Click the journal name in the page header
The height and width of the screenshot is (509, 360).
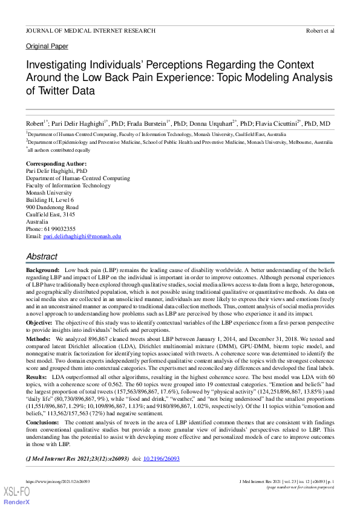[91, 30]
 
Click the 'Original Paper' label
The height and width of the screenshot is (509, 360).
[47, 46]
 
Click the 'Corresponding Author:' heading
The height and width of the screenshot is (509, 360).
[56, 164]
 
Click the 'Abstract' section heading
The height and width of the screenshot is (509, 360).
[42, 257]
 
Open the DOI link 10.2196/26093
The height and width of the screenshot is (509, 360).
[161, 459]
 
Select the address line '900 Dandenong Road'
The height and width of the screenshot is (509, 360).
[52, 207]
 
